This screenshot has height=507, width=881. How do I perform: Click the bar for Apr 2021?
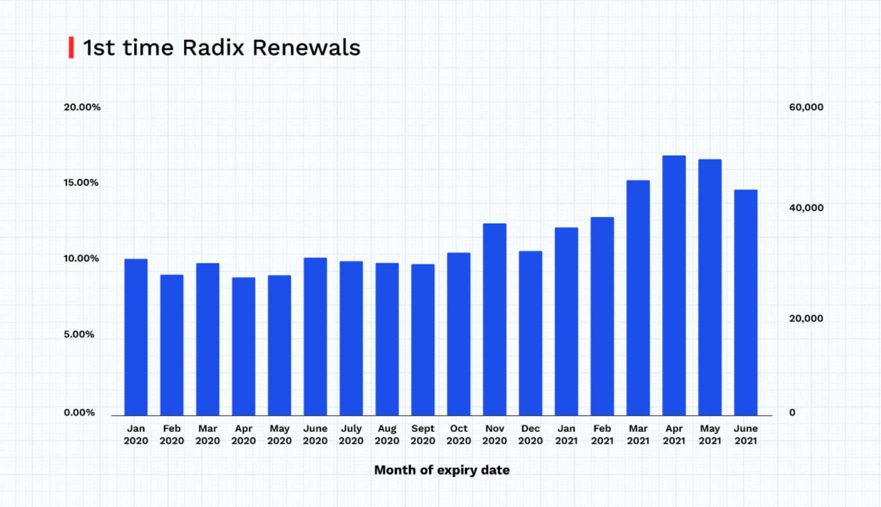pyautogui.click(x=673, y=285)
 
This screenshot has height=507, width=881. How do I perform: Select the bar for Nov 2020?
pyautogui.click(x=494, y=319)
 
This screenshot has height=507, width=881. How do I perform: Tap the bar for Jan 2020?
pyautogui.click(x=136, y=337)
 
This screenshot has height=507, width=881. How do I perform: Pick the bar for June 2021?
pyautogui.click(x=745, y=302)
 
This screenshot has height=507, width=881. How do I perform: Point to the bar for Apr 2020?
pyautogui.click(x=243, y=346)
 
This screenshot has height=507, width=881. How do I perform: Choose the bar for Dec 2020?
pyautogui.click(x=530, y=333)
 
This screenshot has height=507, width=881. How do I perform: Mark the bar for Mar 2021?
pyautogui.click(x=638, y=298)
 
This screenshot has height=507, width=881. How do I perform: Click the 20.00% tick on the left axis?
pyautogui.click(x=82, y=107)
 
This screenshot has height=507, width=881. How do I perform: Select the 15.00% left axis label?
pyautogui.click(x=81, y=183)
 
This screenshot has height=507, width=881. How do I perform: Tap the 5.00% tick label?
pyautogui.click(x=79, y=334)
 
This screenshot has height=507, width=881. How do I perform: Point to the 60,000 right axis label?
pyautogui.click(x=806, y=107)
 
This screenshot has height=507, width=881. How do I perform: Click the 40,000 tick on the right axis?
pyautogui.click(x=806, y=208)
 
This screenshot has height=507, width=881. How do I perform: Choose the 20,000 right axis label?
pyautogui.click(x=806, y=318)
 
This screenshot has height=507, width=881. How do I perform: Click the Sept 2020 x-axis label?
pyautogui.click(x=422, y=434)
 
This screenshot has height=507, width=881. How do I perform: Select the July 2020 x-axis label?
pyautogui.click(x=351, y=434)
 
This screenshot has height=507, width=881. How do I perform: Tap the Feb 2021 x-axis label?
pyautogui.click(x=602, y=434)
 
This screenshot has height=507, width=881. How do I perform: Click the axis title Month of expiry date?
pyautogui.click(x=442, y=470)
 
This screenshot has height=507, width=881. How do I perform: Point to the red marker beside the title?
pyautogui.click(x=71, y=48)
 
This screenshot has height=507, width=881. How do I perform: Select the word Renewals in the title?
pyautogui.click(x=306, y=48)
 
